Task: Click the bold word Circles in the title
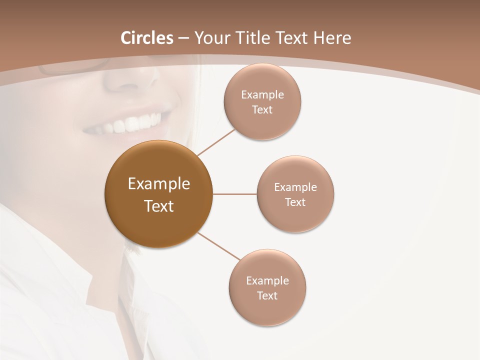click(x=146, y=38)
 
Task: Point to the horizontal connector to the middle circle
click(x=235, y=194)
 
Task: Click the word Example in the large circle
click(x=159, y=184)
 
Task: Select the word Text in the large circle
click(x=159, y=206)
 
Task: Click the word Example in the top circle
click(x=262, y=94)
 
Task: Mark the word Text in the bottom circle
click(x=267, y=295)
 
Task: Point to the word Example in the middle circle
click(x=295, y=187)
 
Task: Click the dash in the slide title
click(x=183, y=38)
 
